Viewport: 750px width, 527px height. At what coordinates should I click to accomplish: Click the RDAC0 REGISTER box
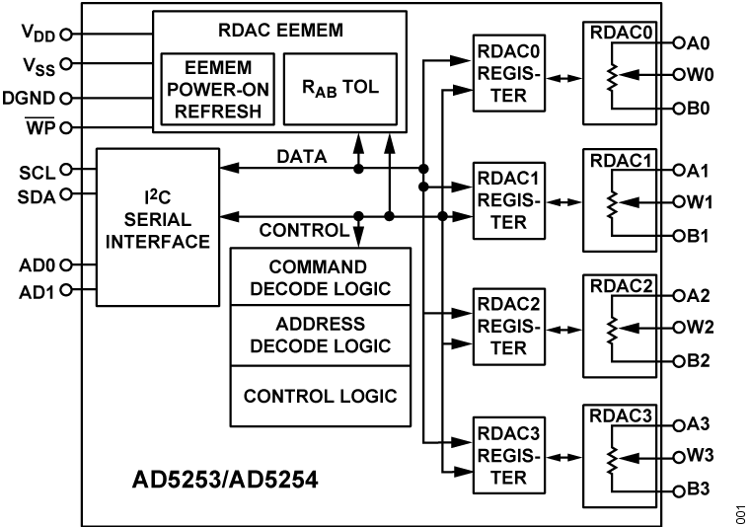coord(508,73)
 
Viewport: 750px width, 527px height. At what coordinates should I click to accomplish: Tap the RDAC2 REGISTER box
coord(508,325)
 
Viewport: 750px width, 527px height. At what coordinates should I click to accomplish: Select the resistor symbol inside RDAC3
coord(613,459)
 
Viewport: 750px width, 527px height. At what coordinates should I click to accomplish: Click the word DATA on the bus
coord(302,157)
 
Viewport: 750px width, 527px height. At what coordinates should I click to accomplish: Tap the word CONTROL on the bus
coord(304,231)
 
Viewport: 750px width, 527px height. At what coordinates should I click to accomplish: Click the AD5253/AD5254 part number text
coord(226,483)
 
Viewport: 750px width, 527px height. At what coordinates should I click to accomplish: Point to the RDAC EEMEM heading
coord(281,30)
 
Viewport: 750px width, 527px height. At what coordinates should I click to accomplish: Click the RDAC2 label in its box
coord(622,287)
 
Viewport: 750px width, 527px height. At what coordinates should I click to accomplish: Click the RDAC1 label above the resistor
coord(622,161)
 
